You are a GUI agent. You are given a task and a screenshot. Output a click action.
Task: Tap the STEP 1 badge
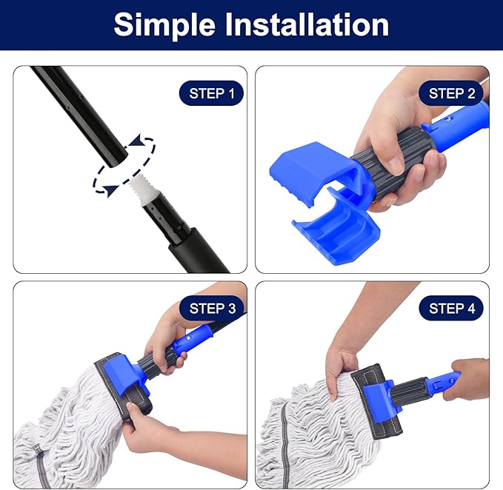[211, 93]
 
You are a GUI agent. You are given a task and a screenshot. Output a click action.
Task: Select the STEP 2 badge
[452, 93]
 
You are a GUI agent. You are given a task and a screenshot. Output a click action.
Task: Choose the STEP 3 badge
[211, 308]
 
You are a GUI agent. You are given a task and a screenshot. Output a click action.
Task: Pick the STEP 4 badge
[452, 308]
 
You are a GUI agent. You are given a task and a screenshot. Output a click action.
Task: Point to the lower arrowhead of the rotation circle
[110, 191]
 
